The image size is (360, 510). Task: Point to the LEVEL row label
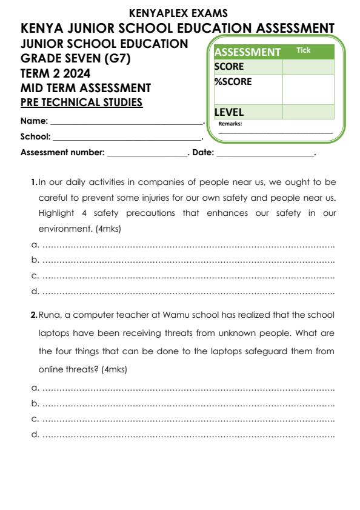229,112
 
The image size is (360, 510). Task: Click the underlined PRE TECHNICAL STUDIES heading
81,102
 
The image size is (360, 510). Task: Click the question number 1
33,182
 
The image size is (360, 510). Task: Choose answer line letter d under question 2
35,434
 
